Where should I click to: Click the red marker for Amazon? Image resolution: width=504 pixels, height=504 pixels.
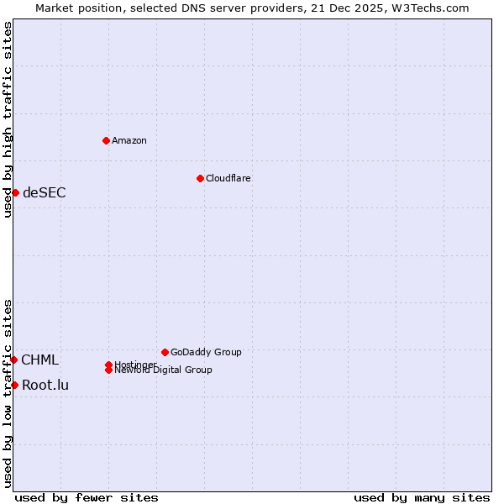(106, 140)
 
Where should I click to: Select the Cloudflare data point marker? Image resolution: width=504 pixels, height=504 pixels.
(200, 178)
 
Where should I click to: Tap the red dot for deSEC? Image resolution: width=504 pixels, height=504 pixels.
(15, 192)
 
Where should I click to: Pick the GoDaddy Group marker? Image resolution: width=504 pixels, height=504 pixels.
(165, 352)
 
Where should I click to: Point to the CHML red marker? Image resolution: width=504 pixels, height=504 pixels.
(13, 360)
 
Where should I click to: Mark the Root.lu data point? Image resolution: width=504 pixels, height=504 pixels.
(14, 385)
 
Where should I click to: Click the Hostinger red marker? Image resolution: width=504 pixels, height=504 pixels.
(108, 365)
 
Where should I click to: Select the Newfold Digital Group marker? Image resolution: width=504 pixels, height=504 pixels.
(109, 370)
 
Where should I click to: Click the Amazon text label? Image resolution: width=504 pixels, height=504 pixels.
(129, 140)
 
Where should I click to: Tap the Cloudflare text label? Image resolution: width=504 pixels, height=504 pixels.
(228, 178)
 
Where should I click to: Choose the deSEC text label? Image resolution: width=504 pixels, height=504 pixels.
(45, 192)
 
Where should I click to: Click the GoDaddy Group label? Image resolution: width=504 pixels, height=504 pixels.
(206, 352)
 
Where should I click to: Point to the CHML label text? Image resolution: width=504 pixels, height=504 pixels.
(40, 360)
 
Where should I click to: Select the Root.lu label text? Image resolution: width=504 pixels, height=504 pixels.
(45, 386)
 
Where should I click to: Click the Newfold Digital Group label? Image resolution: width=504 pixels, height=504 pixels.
(164, 370)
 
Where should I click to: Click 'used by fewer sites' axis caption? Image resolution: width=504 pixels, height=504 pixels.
(87, 497)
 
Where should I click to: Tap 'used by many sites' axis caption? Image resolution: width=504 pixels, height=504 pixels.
(422, 497)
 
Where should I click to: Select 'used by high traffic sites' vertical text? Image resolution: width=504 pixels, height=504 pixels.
(8, 119)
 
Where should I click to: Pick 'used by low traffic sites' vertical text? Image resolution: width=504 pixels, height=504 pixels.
(8, 393)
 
